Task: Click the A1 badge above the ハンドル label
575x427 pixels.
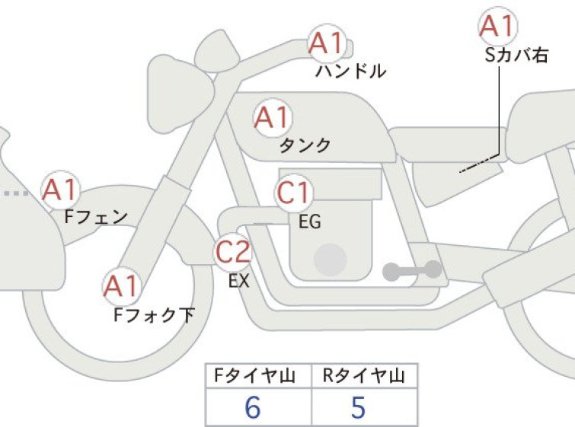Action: point(327,44)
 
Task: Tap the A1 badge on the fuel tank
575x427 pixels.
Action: point(272,118)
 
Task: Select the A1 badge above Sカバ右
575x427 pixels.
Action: point(498,26)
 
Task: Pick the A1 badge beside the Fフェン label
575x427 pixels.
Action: point(60,190)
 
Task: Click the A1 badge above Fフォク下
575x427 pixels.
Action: point(120,286)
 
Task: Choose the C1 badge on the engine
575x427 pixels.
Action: point(293,193)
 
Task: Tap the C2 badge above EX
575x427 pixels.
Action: point(233,251)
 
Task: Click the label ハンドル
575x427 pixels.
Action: point(351,71)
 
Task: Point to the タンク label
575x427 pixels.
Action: point(305,145)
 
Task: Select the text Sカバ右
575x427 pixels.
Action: point(516,55)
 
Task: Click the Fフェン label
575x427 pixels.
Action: point(96,217)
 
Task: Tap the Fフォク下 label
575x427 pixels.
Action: point(154,315)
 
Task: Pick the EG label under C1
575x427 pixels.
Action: point(310,221)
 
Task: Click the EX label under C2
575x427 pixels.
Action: point(238,281)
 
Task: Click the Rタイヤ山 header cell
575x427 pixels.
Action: point(365,376)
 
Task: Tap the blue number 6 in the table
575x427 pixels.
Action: point(253,407)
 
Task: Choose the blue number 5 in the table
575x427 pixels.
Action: point(358,407)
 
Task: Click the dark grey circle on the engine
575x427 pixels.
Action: point(330,260)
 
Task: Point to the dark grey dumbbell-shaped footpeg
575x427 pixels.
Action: point(412,270)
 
